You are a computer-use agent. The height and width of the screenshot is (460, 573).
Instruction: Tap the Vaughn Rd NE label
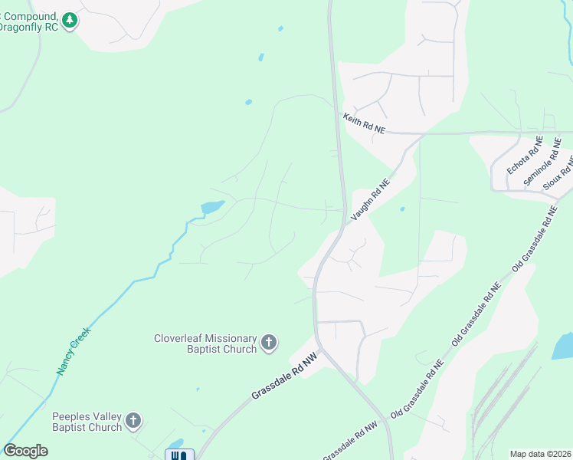tap(371, 200)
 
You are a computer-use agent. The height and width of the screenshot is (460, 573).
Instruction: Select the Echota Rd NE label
tap(525, 156)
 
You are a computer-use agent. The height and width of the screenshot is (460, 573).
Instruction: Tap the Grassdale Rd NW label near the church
tap(283, 376)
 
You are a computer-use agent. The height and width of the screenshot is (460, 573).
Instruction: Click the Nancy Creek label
tap(73, 351)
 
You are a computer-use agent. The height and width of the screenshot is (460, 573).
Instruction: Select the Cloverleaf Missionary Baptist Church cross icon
tap(269, 343)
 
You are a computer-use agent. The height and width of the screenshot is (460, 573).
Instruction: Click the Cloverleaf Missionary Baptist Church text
tap(205, 343)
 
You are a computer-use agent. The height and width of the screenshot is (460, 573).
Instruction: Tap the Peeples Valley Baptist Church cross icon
tap(133, 421)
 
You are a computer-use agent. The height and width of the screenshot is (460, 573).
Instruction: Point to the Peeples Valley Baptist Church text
tap(87, 422)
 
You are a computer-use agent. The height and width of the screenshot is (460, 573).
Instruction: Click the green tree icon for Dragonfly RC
tap(70, 20)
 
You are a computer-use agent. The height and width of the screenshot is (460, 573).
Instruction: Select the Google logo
tap(25, 451)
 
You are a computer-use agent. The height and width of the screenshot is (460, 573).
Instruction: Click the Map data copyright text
tap(541, 454)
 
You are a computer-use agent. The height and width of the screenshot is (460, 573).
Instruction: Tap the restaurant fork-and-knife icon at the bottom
tap(179, 455)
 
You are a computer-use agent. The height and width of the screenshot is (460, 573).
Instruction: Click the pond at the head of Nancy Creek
tap(212, 207)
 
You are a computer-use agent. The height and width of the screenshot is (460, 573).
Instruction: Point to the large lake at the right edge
tap(563, 346)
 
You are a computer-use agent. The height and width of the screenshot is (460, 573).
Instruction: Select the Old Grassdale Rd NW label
tap(350, 442)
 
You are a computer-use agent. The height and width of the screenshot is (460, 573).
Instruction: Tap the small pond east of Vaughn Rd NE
tap(402, 208)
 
